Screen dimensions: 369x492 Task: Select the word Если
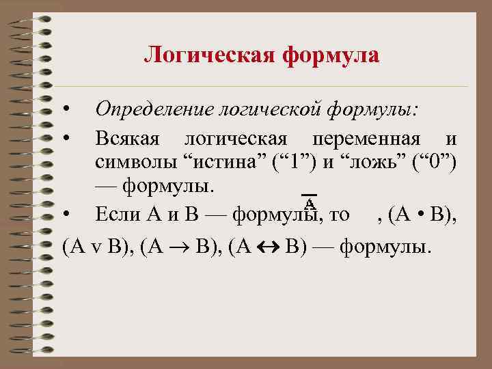click(118, 215)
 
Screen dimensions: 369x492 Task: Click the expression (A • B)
click(423, 215)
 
